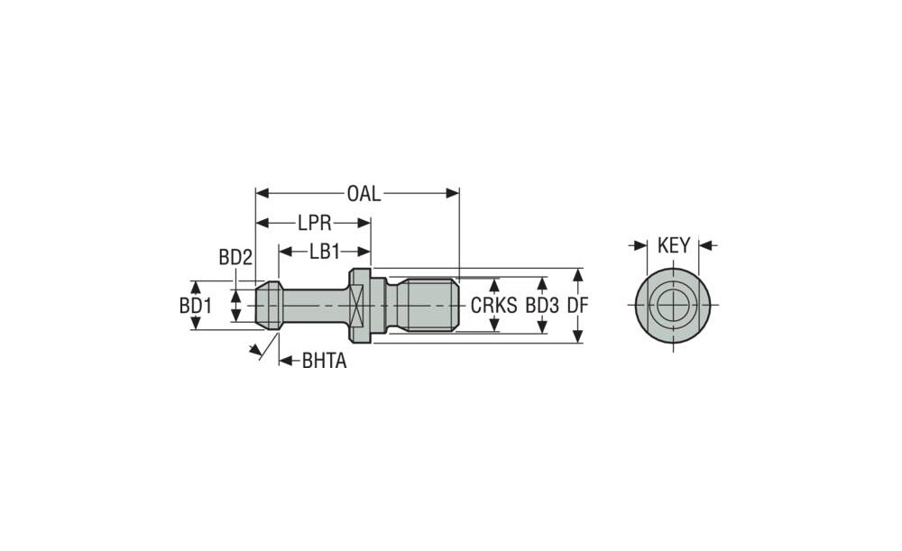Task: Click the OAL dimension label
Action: pyautogui.click(x=364, y=194)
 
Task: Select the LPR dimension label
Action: pyautogui.click(x=314, y=223)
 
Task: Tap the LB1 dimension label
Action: pyautogui.click(x=325, y=252)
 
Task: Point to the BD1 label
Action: pyautogui.click(x=196, y=306)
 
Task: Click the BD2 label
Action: pyautogui.click(x=235, y=258)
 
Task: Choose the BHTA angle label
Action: pyautogui.click(x=325, y=362)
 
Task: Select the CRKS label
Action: pyautogui.click(x=494, y=306)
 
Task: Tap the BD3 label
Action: pyautogui.click(x=542, y=306)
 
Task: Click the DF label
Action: pyautogui.click(x=577, y=306)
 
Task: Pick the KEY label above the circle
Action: pyautogui.click(x=674, y=245)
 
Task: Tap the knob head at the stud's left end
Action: pyautogui.click(x=269, y=306)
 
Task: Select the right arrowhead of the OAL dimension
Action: pyautogui.click(x=453, y=193)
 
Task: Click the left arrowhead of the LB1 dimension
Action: pyautogui.click(x=285, y=252)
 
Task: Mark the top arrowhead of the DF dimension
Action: pyautogui.click(x=578, y=275)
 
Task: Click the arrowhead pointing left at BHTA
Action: pyautogui.click(x=286, y=362)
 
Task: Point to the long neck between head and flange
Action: pyautogui.click(x=315, y=306)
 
